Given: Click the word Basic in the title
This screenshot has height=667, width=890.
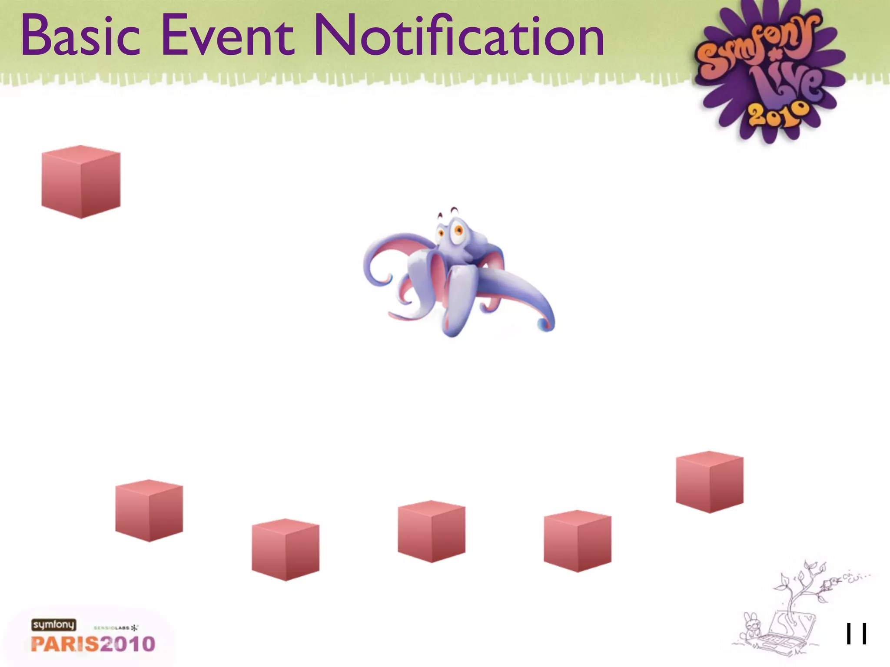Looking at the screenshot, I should pos(81,36).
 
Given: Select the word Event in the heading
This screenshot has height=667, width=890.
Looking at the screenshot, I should pos(227,36).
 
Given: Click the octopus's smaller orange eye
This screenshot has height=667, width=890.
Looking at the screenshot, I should pos(440,233).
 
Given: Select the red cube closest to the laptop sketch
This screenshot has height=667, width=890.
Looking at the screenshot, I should pos(709,482).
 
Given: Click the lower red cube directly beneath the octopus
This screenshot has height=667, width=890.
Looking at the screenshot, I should pos(432,532).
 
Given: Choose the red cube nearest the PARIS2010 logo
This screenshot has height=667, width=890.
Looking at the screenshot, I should pos(149,511).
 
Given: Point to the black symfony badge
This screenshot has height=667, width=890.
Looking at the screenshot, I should pos(53,625).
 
